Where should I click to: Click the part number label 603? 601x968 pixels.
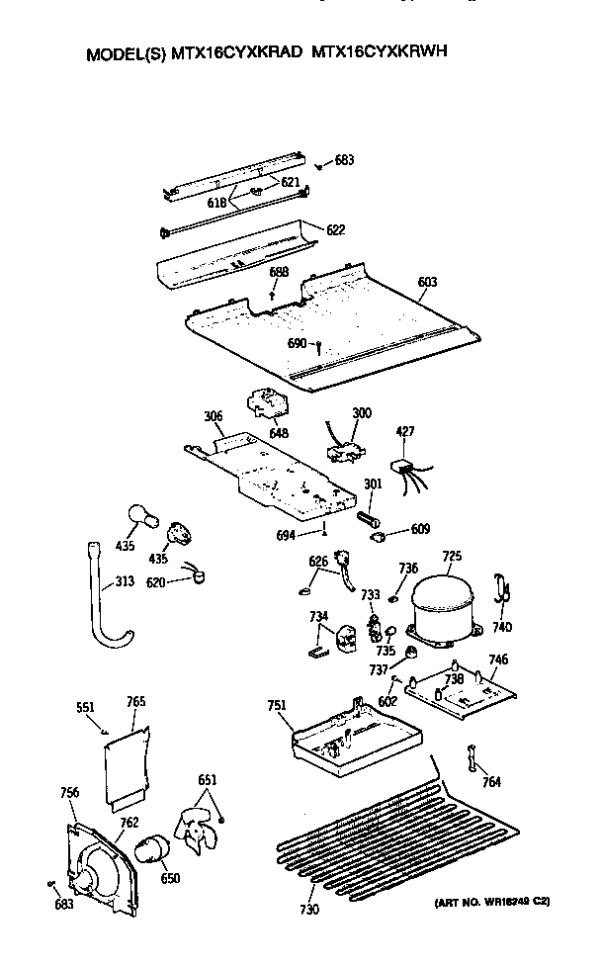[x=427, y=283]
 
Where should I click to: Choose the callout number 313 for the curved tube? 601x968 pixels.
[x=125, y=581]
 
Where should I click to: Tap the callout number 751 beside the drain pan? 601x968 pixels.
[x=277, y=705]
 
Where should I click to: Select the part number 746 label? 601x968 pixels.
[x=498, y=659]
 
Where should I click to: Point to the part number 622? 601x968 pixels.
[x=336, y=229]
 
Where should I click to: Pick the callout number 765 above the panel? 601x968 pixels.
[x=136, y=701]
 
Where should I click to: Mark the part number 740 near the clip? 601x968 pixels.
[x=503, y=627]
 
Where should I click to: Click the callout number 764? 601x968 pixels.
[x=491, y=781]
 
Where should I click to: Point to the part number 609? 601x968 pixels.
[x=421, y=529]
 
